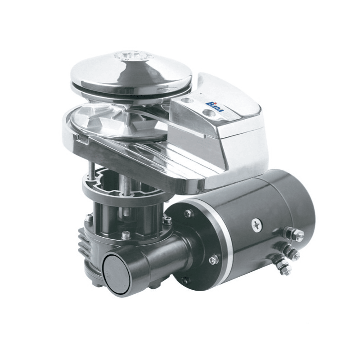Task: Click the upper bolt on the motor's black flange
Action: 187,213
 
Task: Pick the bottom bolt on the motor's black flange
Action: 184,280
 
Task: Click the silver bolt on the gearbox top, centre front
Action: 126,234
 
